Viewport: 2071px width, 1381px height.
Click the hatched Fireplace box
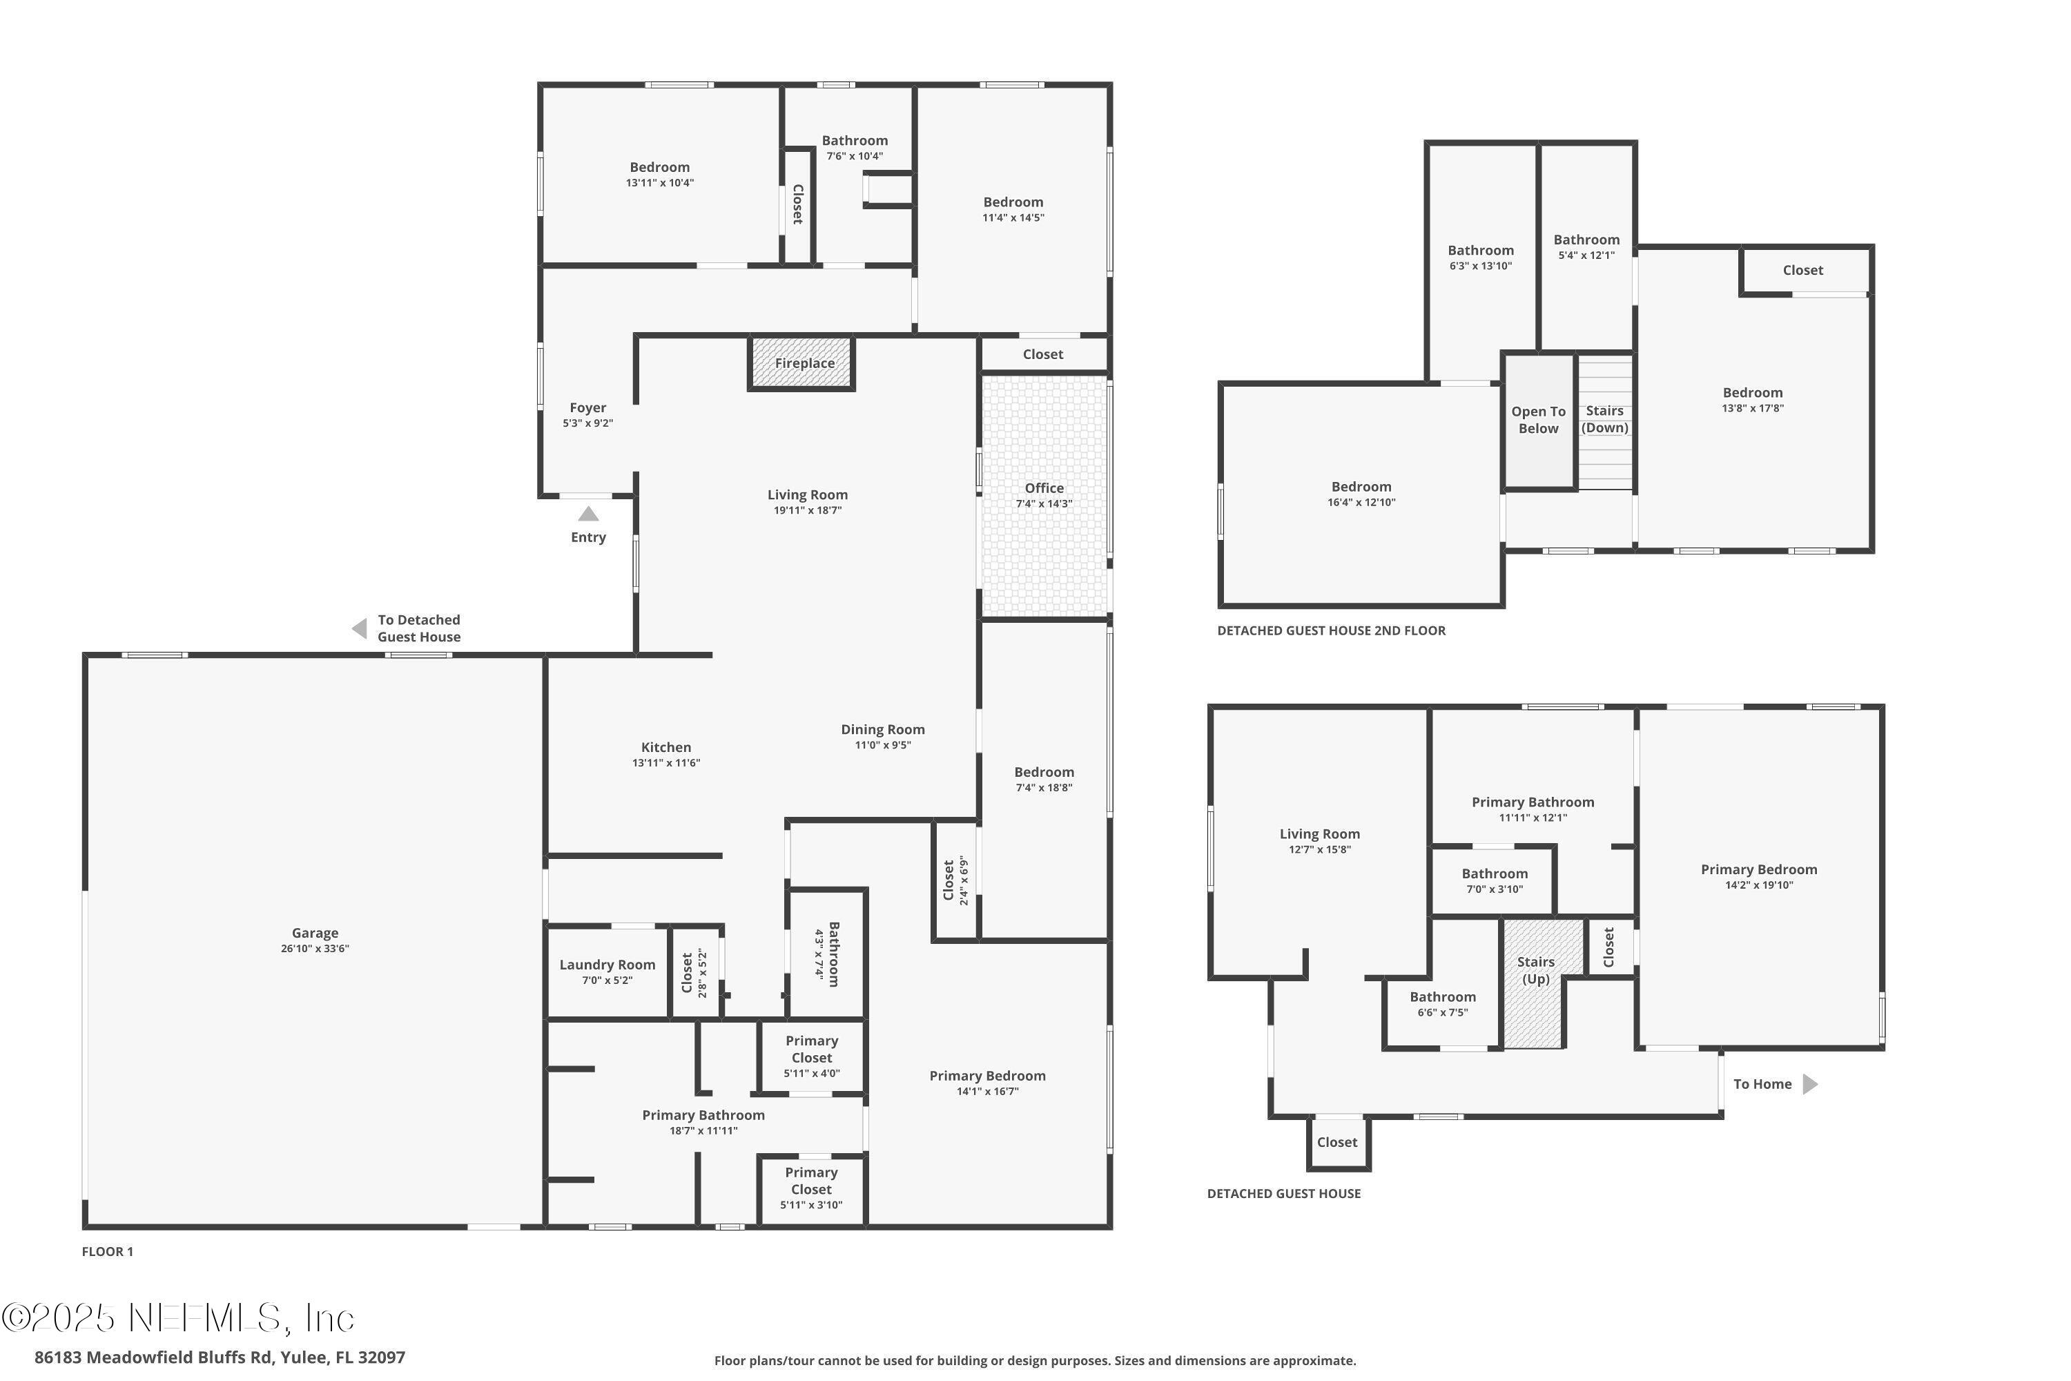tap(802, 363)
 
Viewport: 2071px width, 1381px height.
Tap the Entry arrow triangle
tap(588, 514)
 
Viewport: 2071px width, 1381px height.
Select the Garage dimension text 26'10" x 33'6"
tap(315, 949)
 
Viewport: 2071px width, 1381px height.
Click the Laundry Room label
tap(607, 965)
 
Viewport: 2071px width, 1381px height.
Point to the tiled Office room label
tap(1044, 488)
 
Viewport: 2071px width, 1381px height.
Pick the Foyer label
tap(587, 408)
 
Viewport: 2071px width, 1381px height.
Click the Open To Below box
tap(1538, 420)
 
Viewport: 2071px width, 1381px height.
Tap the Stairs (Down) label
tap(1604, 419)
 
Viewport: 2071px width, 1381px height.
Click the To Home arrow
tap(1810, 1084)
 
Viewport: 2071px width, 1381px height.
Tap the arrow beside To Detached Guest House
tap(359, 628)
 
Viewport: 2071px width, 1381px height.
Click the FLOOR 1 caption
tap(108, 1251)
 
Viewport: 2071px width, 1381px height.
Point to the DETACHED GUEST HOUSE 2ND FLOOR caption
tap(1330, 630)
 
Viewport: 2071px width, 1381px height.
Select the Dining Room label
tap(882, 729)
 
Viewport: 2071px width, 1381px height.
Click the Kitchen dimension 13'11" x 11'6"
tap(665, 763)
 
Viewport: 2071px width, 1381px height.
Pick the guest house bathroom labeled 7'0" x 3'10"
tap(1495, 881)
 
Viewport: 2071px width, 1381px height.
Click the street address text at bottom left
tap(220, 1358)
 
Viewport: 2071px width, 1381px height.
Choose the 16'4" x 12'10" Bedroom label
tap(1361, 487)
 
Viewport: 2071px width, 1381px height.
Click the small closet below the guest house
tap(1336, 1142)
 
